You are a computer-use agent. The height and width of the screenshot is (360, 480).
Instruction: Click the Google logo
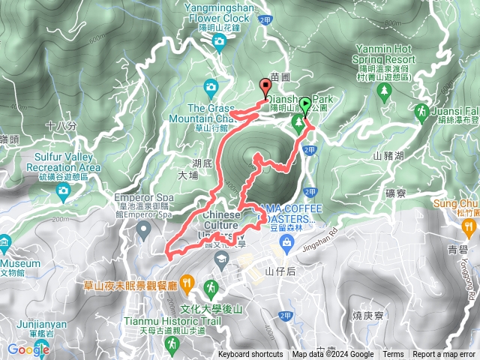[28, 349]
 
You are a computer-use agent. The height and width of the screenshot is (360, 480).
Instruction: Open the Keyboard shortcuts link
[250, 355]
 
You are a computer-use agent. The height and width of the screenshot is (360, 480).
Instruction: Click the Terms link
[392, 355]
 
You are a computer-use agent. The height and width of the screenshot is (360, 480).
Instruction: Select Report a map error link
[444, 355]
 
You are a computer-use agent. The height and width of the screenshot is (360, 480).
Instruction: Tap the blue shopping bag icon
[286, 241]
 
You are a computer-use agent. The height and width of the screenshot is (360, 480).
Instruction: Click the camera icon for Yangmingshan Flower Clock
[218, 40]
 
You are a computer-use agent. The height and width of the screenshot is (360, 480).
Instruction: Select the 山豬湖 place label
[388, 156]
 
